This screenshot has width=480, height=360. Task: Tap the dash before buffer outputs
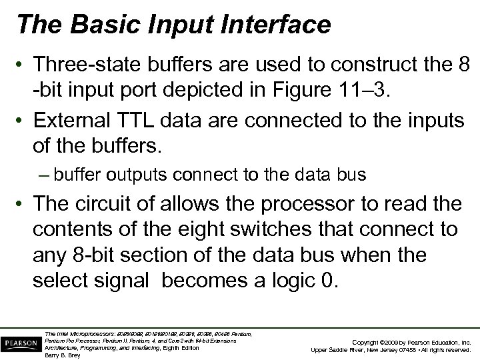pyautogui.click(x=45, y=175)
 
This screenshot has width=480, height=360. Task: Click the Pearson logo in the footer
pyautogui.click(x=21, y=341)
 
